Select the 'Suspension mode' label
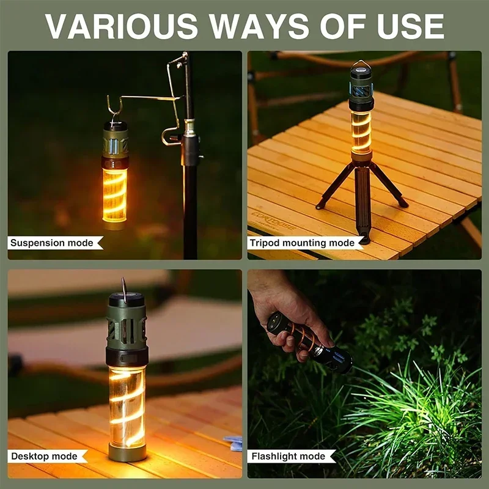53,243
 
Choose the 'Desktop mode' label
45,456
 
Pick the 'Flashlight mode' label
289,456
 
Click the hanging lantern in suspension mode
115,174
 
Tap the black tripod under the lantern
362,189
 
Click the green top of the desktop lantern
127,324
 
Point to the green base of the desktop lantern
127,452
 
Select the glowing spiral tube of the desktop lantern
127,403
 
